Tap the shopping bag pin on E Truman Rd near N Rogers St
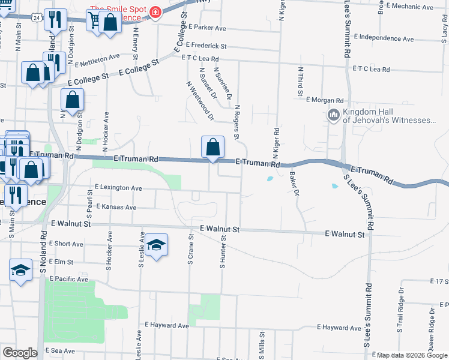[x=213, y=147]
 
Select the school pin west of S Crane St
[x=156, y=245]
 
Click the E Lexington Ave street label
[x=118, y=188]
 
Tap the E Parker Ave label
[x=206, y=28]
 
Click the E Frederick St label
[x=206, y=46]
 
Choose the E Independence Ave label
[x=384, y=40]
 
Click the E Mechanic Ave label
[x=410, y=6]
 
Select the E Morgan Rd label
[x=324, y=100]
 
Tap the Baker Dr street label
[x=294, y=184]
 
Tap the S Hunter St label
[x=222, y=252]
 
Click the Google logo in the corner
[x=20, y=353]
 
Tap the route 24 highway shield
[x=37, y=19]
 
